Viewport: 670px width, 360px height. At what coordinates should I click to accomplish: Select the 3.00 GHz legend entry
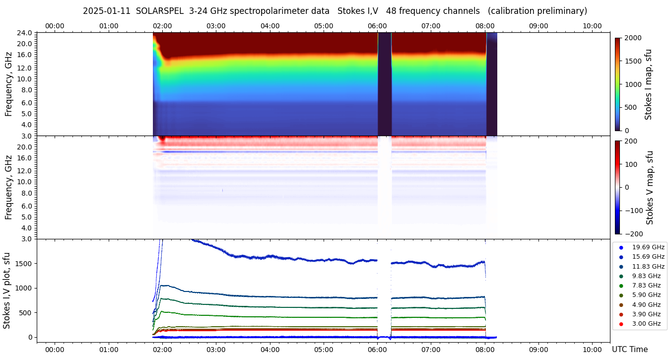coord(646,324)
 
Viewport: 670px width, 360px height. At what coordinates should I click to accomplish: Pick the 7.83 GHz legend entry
coord(646,286)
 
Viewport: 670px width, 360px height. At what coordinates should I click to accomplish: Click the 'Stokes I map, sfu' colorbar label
coord(648,84)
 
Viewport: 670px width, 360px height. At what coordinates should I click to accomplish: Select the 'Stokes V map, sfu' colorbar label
coord(650,187)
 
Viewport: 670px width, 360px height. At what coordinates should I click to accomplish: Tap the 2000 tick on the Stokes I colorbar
coord(634,38)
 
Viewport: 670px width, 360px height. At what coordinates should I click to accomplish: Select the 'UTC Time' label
coord(630,350)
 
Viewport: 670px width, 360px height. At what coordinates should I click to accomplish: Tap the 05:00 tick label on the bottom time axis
coord(324,350)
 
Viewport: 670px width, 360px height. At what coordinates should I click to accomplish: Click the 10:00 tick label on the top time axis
coord(592,26)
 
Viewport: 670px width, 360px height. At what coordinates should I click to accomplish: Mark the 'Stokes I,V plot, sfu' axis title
coord(7,290)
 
